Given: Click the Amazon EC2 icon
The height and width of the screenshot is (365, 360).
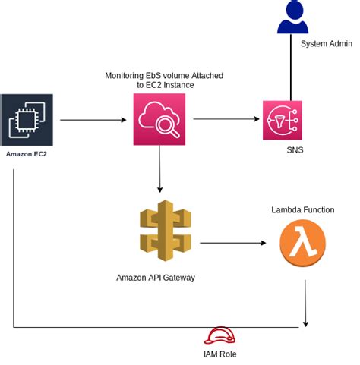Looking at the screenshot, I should point(27,119).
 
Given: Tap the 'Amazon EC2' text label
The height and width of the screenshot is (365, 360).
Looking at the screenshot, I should point(27,154).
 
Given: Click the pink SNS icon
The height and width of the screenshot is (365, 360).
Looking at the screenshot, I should point(282,120).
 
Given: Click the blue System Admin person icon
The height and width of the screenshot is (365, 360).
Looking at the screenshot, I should point(292,19).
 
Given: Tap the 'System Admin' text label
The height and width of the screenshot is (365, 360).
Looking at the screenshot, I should point(326,44).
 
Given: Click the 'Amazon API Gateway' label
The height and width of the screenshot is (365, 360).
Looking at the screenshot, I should point(156,278).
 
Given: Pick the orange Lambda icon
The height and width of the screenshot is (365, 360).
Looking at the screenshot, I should point(302,244).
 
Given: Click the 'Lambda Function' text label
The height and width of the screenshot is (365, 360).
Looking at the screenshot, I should point(302,209).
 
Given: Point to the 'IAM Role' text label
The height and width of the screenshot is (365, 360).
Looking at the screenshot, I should point(222,354).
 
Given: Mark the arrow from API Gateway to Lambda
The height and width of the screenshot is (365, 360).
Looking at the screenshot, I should point(232,244).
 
